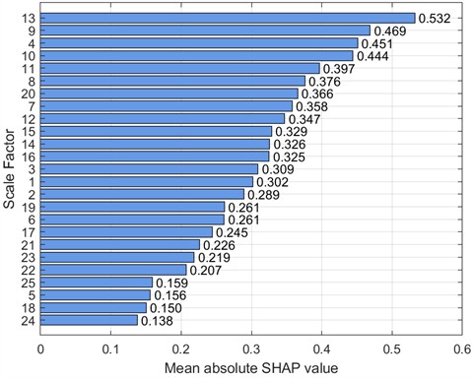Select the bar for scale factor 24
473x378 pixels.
pyautogui.click(x=89, y=320)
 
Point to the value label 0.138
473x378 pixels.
pyautogui.click(x=158, y=320)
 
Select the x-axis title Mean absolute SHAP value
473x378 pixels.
pyautogui.click(x=251, y=367)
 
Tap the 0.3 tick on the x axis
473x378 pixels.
pyautogui.click(x=251, y=346)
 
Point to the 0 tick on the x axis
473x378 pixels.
pyautogui.click(x=40, y=346)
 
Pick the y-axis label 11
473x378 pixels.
pyautogui.click(x=28, y=68)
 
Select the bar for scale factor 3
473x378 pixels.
pyautogui.click(x=149, y=169)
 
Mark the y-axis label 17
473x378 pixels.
pyautogui.click(x=28, y=232)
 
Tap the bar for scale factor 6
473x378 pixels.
pyautogui.click(x=132, y=220)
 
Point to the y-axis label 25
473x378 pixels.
pyautogui.click(x=28, y=283)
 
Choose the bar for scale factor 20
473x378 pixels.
pyautogui.click(x=169, y=94)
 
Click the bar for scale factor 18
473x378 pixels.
pyautogui.click(x=93, y=307)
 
